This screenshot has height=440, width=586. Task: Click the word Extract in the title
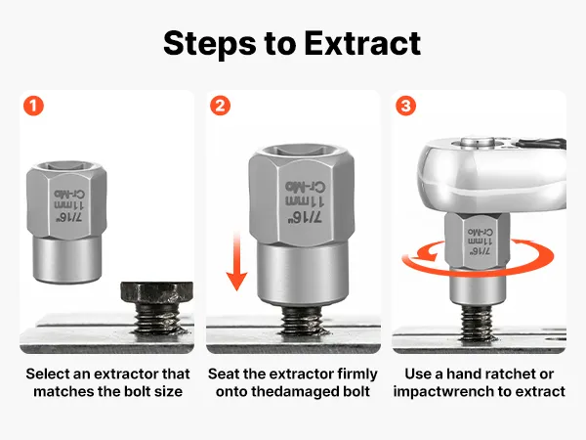(362, 43)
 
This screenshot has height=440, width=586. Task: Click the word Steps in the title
(210, 44)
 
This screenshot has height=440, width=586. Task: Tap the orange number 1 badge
(33, 106)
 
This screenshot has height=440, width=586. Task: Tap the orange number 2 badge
(220, 106)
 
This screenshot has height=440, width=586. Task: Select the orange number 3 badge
(406, 106)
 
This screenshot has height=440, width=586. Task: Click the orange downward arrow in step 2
(236, 261)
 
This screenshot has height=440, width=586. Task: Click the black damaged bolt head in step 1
(157, 294)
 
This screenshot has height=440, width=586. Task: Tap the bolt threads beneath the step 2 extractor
(302, 322)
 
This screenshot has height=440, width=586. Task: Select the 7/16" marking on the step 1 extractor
(69, 217)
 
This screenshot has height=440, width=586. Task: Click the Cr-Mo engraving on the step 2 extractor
(305, 187)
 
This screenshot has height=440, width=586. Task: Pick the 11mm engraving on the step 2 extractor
(305, 201)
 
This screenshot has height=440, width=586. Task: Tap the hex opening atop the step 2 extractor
(301, 151)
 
